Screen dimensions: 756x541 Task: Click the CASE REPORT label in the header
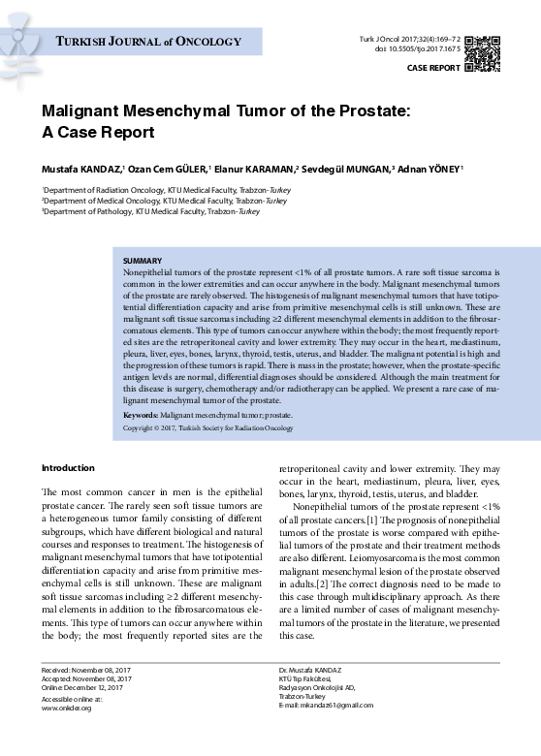tap(433, 69)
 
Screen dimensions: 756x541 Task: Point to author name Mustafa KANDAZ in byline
tap(82, 167)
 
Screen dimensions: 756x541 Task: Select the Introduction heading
tap(68, 468)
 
